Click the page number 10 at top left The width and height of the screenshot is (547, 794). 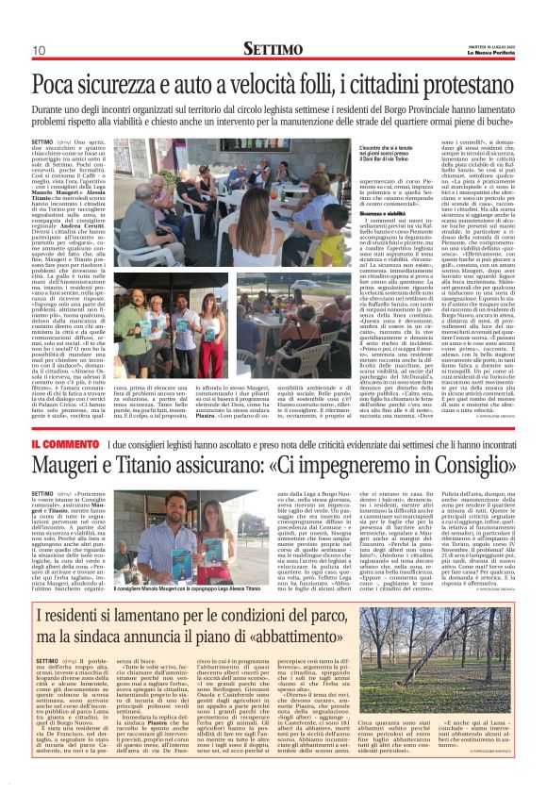pyautogui.click(x=39, y=50)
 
